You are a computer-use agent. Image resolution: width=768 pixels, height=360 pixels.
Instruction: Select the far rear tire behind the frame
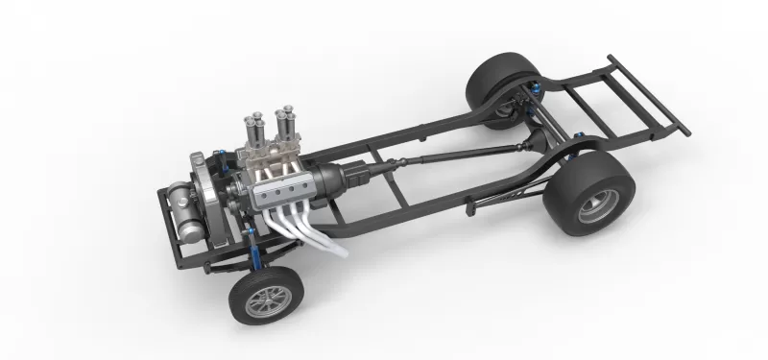point(497,84)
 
